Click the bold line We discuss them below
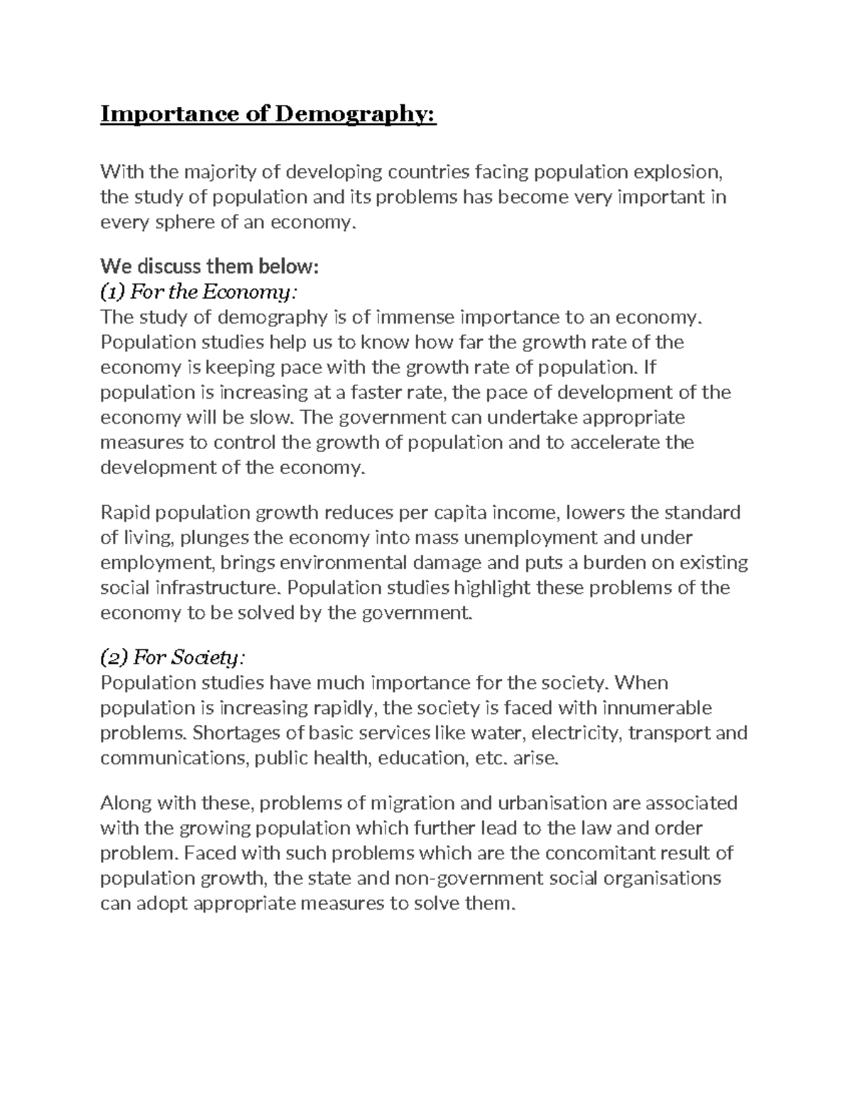[210, 267]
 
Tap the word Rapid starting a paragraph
[125, 512]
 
